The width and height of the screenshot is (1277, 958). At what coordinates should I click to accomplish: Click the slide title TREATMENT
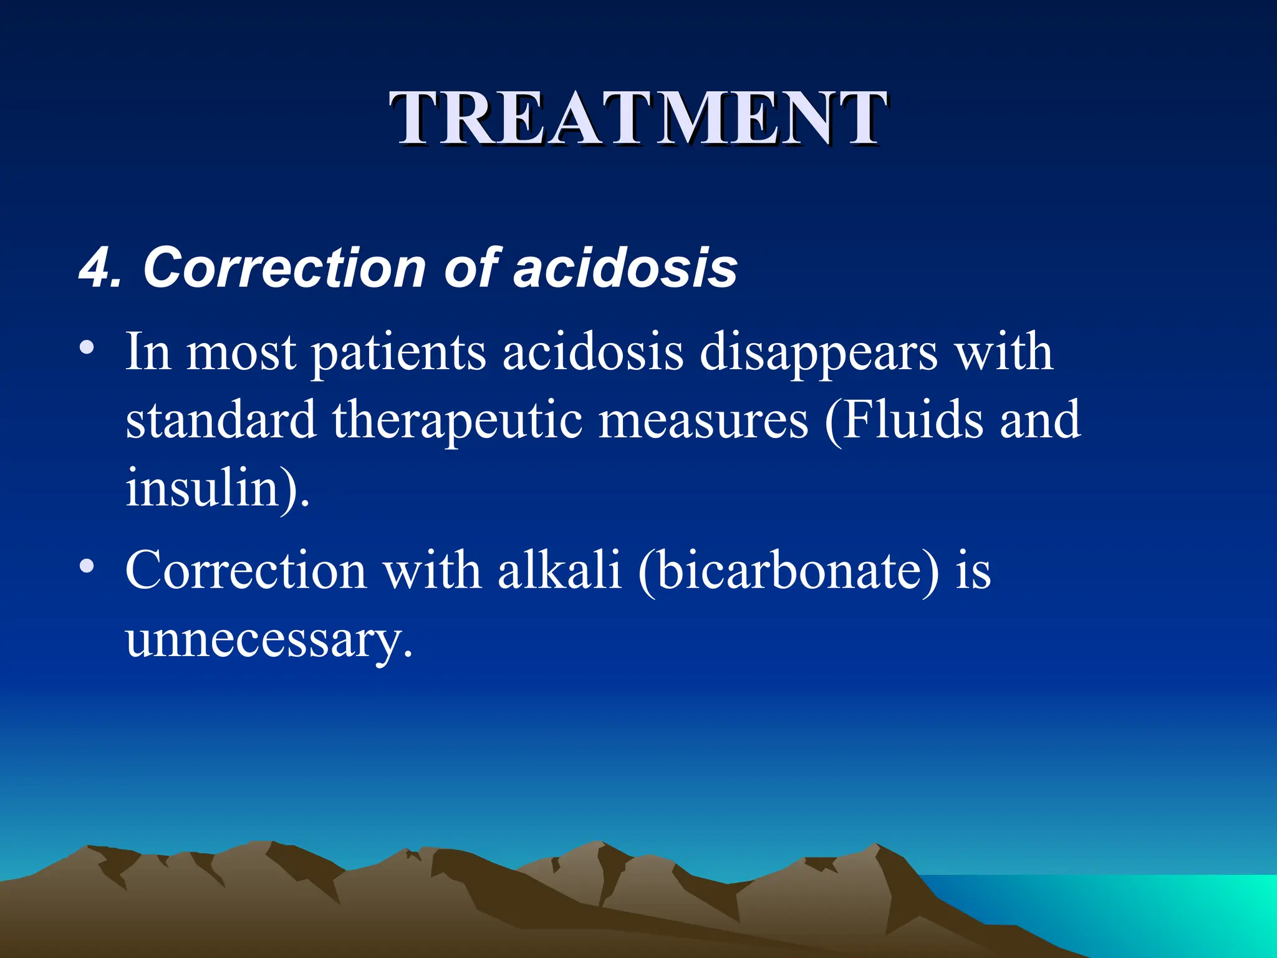[x=638, y=119]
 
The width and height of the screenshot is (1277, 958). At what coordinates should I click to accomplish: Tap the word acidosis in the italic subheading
[x=625, y=268]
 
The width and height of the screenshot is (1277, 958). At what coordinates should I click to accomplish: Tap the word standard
[x=221, y=420]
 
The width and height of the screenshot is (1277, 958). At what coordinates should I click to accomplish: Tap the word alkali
[x=559, y=571]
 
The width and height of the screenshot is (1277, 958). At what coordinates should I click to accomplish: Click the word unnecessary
[x=269, y=641]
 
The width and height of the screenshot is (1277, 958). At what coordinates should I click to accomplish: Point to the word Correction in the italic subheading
[x=284, y=268]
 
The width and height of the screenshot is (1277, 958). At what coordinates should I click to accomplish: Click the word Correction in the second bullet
[x=246, y=571]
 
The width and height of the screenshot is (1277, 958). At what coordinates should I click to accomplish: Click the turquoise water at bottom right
[x=1154, y=917]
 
